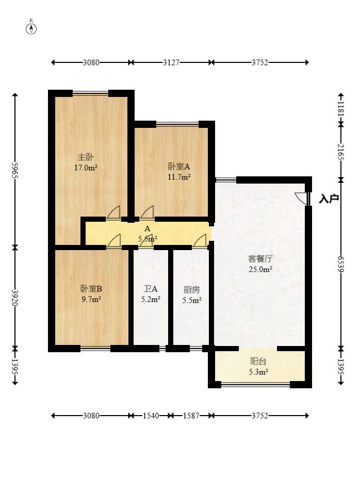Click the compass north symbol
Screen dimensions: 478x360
tap(31, 28)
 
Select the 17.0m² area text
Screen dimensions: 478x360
tap(86, 168)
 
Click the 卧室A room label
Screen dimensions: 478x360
tap(179, 167)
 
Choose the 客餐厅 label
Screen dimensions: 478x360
tap(260, 259)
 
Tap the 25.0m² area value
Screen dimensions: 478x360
tap(260, 269)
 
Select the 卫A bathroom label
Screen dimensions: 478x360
tap(151, 289)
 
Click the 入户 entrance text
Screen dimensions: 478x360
tap(329, 199)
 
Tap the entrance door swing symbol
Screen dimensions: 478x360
tap(301, 198)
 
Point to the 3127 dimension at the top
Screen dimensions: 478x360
tap(171, 62)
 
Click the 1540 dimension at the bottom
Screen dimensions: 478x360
tap(151, 415)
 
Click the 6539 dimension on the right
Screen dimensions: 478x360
tap(340, 264)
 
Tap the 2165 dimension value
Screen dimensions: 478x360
tap(340, 152)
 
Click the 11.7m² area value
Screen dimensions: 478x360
tap(179, 177)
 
